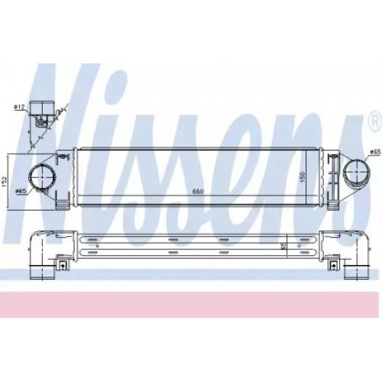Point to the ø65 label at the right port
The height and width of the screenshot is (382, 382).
pos(374,153)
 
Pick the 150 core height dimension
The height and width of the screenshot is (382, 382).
pos(306,176)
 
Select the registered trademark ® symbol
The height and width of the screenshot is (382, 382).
pos(373,120)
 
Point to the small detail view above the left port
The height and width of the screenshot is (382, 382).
pos(41,118)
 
